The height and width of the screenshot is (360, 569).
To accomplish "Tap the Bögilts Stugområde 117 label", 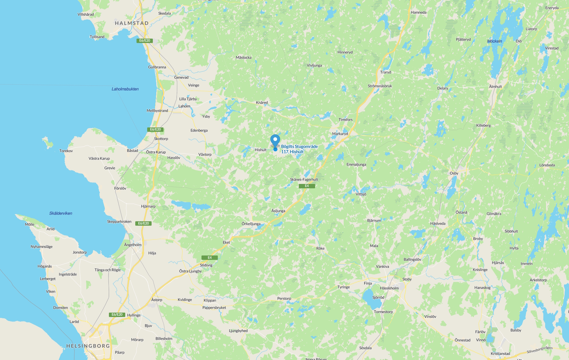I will [x=299, y=149].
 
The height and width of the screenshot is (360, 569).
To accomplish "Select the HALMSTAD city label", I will [x=132, y=23].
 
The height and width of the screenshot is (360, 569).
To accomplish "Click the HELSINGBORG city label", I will [x=88, y=346].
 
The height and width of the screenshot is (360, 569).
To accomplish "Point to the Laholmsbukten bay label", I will [x=125, y=89].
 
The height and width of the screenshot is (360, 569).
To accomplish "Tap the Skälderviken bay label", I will [x=61, y=213].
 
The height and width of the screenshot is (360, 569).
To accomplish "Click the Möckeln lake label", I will [x=494, y=41].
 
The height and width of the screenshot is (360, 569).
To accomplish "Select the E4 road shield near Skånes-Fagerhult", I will [x=307, y=186].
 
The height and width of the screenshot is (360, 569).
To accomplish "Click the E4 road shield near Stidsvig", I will [x=210, y=258].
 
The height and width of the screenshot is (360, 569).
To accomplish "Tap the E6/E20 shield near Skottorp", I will [x=155, y=129].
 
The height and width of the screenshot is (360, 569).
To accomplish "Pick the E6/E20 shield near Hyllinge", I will [x=117, y=314].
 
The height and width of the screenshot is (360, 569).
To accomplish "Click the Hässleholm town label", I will [x=389, y=288].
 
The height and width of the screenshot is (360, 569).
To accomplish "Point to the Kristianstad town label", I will [x=500, y=354].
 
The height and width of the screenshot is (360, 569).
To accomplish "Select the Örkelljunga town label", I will [x=251, y=224].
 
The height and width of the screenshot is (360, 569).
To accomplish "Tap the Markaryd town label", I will [x=340, y=134].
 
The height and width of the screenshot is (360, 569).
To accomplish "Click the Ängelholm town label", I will [x=133, y=245].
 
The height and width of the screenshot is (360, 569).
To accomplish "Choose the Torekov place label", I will [x=66, y=151].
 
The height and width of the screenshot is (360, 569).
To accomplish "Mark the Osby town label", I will [x=454, y=173].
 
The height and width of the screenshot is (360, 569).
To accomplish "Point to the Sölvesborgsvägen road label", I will [x=539, y=349].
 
